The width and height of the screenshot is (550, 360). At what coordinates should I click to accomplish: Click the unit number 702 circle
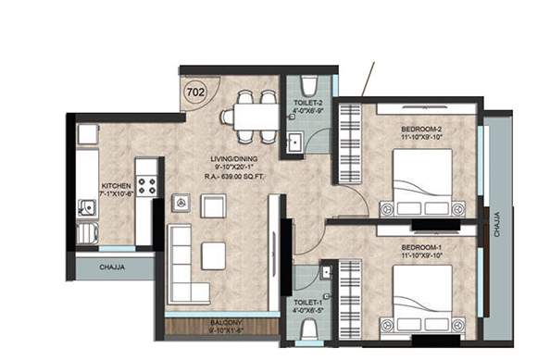click(x=195, y=92)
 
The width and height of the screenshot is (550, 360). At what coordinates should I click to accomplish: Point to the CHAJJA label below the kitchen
click(x=114, y=267)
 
